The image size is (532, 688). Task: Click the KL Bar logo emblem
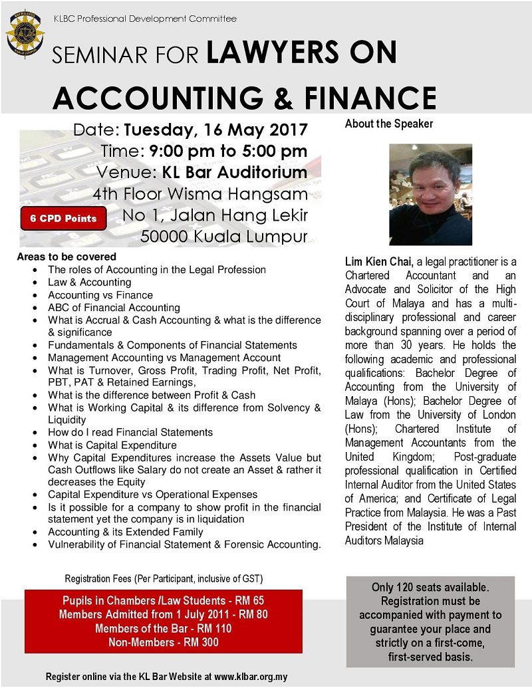(25, 33)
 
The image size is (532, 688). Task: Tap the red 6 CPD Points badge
(63, 218)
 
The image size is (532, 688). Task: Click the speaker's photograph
(430, 195)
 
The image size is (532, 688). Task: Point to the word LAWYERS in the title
(301, 53)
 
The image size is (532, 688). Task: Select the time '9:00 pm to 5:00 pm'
(229, 151)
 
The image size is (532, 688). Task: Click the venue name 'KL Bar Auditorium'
(235, 173)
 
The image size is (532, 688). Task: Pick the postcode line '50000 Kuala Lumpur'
(224, 237)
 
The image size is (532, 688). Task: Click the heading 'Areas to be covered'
(66, 257)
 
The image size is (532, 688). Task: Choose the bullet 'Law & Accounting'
(90, 283)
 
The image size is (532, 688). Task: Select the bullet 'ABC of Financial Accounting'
(114, 308)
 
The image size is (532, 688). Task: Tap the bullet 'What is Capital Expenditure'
(112, 445)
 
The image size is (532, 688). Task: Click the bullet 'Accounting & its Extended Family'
(126, 532)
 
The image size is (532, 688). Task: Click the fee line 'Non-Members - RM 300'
(164, 642)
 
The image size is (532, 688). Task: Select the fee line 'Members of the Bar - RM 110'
(164, 628)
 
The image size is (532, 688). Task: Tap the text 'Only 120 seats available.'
(430, 588)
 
